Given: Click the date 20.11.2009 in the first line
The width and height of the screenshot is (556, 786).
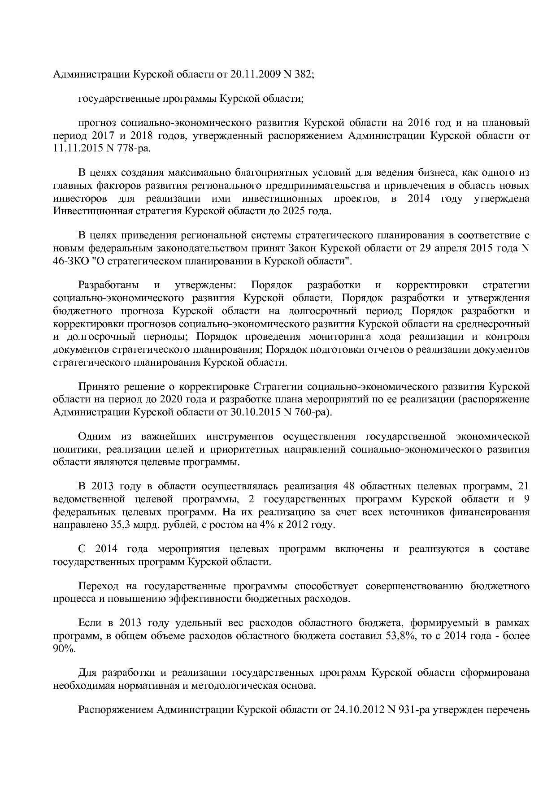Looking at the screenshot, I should tap(254, 75).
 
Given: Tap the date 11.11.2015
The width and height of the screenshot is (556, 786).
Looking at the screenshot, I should tap(77, 148).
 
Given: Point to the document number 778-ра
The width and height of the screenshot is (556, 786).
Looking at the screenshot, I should tap(134, 148).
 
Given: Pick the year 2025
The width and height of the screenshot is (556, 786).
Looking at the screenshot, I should tap(294, 211).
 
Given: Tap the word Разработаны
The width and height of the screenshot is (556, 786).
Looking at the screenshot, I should tap(109, 285).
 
